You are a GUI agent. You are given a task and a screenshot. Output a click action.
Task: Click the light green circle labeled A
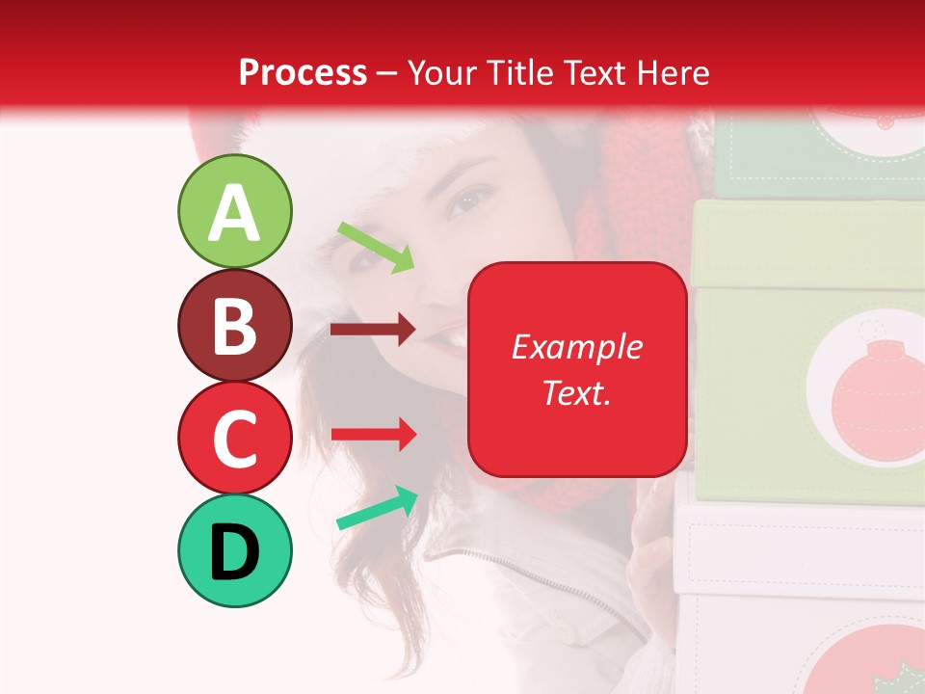tap(234, 211)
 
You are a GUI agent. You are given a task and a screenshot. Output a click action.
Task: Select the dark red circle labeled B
tap(234, 325)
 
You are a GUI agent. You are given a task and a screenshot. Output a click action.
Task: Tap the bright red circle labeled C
tap(234, 438)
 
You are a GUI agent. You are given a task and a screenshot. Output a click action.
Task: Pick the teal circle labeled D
tap(234, 550)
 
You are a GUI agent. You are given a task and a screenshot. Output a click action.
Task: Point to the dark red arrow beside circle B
tap(373, 330)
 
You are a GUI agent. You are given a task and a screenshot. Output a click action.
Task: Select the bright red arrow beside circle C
tap(373, 434)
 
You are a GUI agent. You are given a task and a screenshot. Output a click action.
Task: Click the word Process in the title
tap(303, 72)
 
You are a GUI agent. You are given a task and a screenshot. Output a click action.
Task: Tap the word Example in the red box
tap(576, 347)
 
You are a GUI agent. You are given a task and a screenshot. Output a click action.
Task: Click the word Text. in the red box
tap(576, 392)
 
